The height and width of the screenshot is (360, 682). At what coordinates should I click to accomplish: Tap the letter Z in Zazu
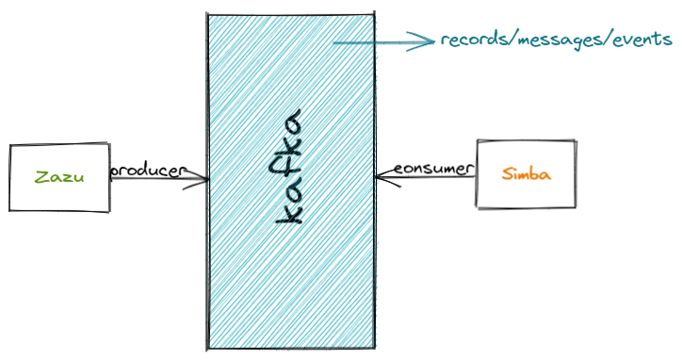pos(40,177)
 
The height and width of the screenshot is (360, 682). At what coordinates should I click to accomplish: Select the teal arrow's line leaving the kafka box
pos(372,41)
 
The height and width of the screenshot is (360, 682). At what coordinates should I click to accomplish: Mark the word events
pos(642,40)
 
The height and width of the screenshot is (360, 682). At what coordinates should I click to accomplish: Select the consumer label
pos(430,169)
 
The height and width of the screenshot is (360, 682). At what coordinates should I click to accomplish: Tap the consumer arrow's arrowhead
pos(381,176)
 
